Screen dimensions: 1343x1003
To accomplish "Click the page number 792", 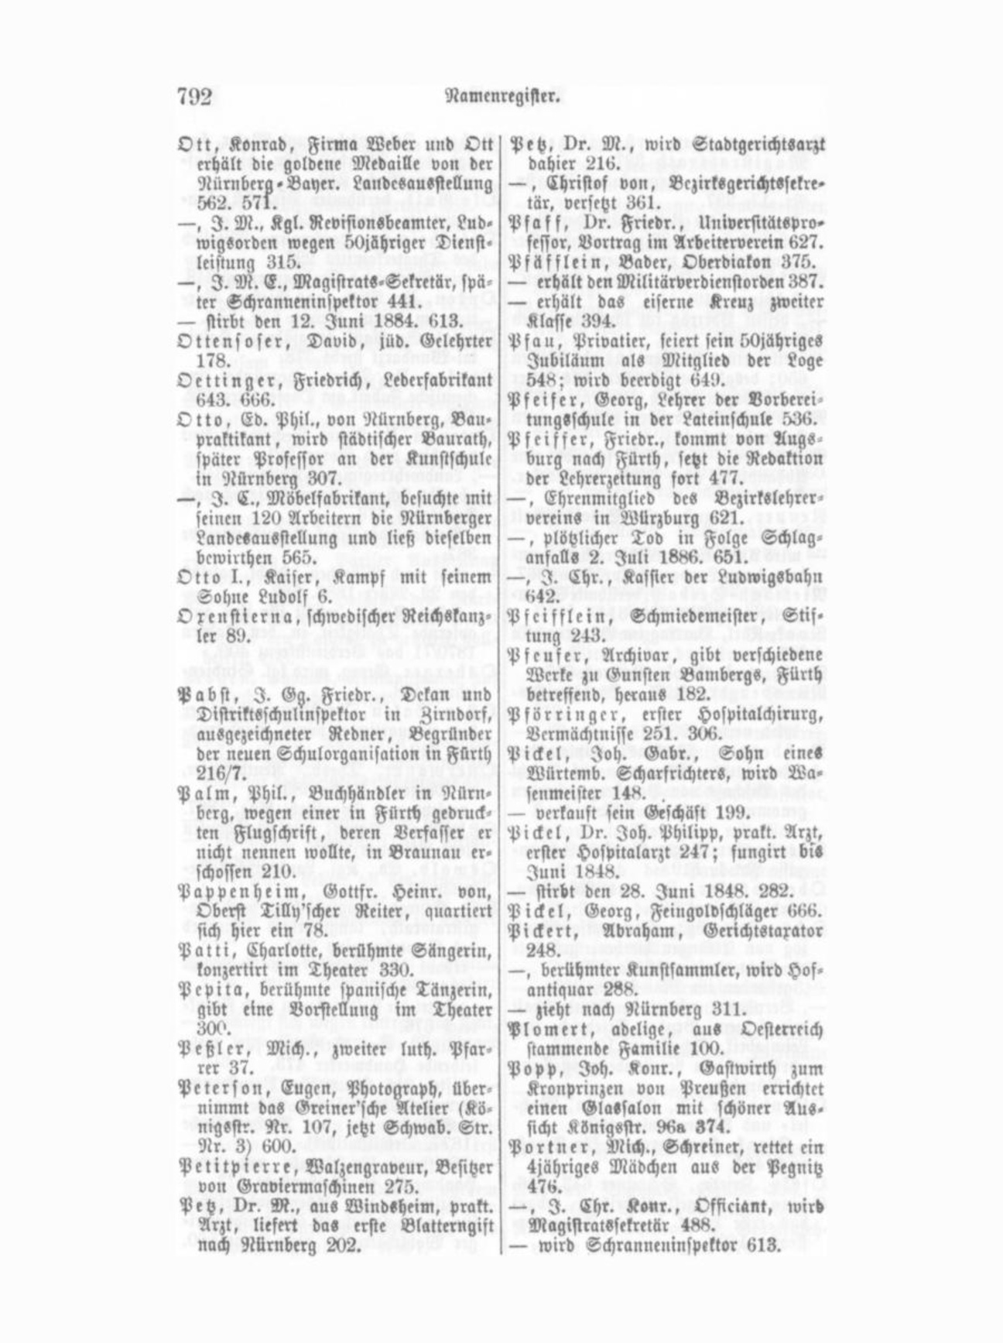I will (x=195, y=97).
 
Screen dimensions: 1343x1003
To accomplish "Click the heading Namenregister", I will (x=502, y=97).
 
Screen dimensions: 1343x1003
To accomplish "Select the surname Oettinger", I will (x=217, y=381).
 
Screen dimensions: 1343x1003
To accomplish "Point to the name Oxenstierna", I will (x=228, y=617).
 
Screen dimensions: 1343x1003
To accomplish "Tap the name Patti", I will (x=204, y=950).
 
